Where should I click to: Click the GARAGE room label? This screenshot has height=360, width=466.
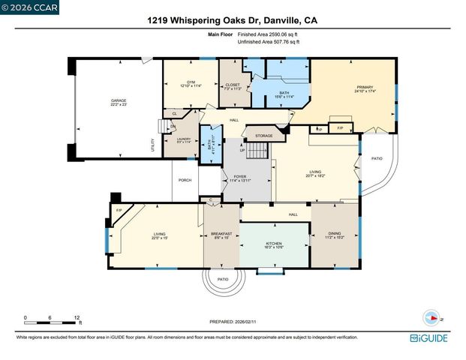coord(118,102)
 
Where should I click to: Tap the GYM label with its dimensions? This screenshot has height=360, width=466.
coord(174,83)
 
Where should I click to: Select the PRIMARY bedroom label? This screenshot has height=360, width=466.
coord(364,89)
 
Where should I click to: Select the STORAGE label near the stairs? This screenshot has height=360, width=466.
coord(263,136)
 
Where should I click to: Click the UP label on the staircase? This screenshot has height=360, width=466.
coord(242,150)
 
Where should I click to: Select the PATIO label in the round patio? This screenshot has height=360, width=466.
coord(223,279)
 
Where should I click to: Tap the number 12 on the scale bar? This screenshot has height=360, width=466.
coord(77,317)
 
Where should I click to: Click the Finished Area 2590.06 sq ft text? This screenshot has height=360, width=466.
coord(269,35)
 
